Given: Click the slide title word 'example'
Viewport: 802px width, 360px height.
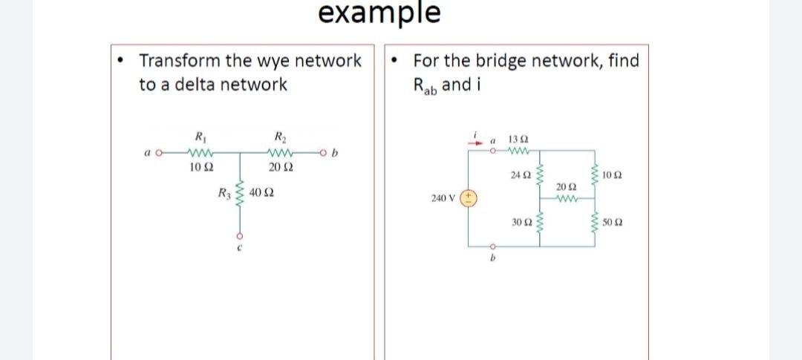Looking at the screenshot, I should (379, 13).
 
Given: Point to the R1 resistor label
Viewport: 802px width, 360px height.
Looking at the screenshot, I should (199, 137).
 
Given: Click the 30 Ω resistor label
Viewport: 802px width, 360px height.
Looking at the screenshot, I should (521, 223).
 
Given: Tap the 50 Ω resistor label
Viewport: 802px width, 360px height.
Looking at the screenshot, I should (613, 223).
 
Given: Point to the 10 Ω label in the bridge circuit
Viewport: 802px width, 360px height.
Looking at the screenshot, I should (613, 175).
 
